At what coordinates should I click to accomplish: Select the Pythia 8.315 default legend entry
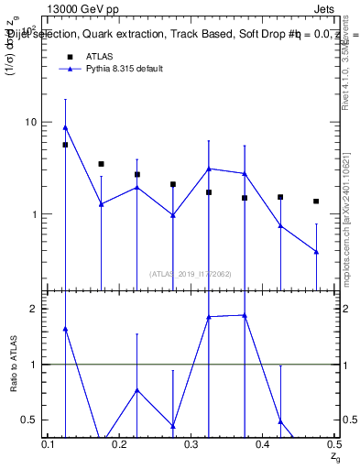[x=125, y=70]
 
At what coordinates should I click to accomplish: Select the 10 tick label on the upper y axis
[x=29, y=122]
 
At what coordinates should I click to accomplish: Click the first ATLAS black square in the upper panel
[x=65, y=145]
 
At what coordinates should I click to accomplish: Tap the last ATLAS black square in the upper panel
[x=316, y=202]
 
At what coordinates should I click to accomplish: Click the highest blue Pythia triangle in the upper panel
[x=65, y=127]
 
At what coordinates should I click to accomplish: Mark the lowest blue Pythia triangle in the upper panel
[x=316, y=252]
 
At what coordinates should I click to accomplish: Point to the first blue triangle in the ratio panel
[x=65, y=328]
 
